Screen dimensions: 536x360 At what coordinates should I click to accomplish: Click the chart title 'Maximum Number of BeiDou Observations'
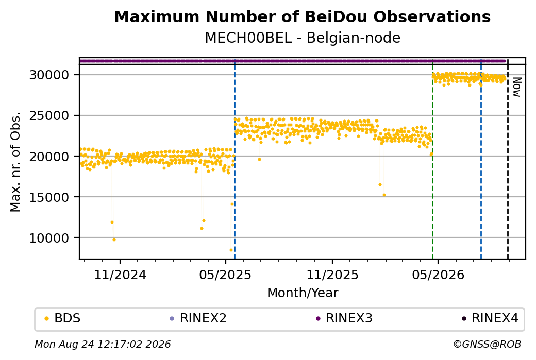[x=302, y=16]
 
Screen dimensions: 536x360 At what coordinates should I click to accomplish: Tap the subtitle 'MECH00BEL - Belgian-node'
[x=302, y=38]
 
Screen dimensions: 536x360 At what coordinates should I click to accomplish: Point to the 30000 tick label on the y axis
[x=49, y=75]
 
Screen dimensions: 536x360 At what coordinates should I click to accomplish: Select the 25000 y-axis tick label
[x=49, y=115]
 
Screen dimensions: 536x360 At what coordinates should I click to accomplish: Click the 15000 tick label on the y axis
[x=49, y=197]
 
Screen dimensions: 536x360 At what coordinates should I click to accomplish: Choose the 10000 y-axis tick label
[x=49, y=238]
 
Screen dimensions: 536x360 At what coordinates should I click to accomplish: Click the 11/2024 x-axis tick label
[x=120, y=275]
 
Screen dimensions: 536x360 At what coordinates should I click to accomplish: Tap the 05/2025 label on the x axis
[x=225, y=275]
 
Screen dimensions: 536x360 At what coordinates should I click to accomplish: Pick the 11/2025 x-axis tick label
[x=332, y=275]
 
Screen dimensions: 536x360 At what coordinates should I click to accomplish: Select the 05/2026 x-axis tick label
[x=438, y=275]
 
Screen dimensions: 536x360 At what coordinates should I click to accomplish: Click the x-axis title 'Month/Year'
[x=303, y=293]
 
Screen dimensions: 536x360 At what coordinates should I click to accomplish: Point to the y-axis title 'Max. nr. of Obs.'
[x=15, y=162]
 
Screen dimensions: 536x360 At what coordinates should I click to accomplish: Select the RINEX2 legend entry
[x=198, y=318]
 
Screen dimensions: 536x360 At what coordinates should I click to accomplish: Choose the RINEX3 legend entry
[x=344, y=318]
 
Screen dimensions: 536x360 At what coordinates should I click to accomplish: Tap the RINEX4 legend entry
[x=490, y=318]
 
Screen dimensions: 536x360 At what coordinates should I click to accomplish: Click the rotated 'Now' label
[x=517, y=87]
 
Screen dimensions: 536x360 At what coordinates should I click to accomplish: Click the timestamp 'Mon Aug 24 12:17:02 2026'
[x=103, y=344]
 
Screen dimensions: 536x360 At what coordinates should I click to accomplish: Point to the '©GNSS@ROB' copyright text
[x=487, y=344]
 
